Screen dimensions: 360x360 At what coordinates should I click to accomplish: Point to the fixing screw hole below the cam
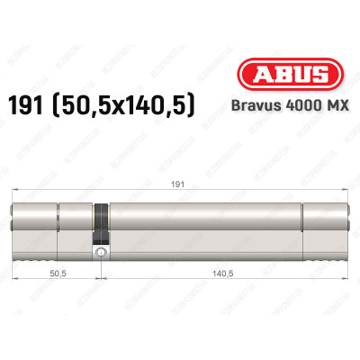tap(101, 255)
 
